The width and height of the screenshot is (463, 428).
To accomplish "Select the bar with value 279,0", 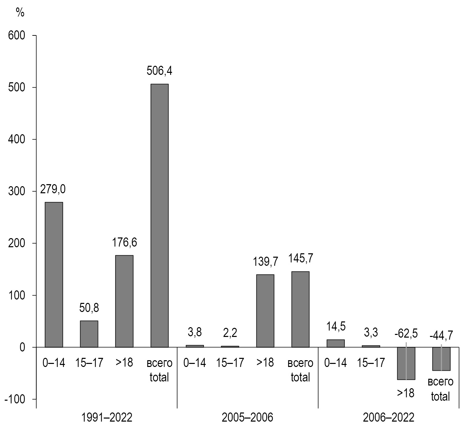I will coord(54,275).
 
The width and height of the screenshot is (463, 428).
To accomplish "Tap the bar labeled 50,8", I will coord(89,334).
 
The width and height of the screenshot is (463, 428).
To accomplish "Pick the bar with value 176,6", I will coord(124,301).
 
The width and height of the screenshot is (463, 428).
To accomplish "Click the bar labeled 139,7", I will coord(265,311).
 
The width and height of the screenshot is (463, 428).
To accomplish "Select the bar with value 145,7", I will coord(300,309).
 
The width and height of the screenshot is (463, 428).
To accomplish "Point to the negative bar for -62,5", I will coord(406,363).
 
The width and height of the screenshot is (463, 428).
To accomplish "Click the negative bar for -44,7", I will coord(441,359).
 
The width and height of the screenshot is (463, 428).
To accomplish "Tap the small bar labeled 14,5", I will coord(336,343).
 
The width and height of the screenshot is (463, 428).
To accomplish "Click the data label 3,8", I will coord(195,332).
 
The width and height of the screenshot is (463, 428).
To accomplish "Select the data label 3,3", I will coord(371,333).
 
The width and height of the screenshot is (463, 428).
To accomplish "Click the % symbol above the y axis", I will coord(20,12).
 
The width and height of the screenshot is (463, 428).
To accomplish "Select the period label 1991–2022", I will coord(107,418).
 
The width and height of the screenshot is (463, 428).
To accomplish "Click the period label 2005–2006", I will coord(248,418).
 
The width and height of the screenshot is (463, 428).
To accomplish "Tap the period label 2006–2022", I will coord(389,418).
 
